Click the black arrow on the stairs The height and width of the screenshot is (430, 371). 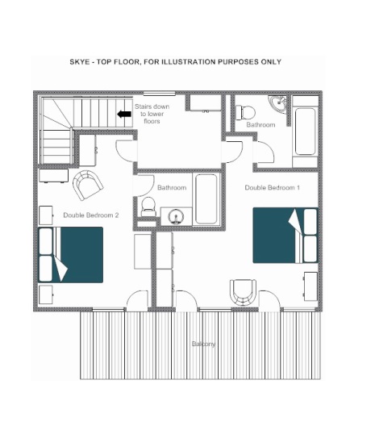[124, 114]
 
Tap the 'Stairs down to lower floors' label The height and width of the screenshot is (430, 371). [152, 114]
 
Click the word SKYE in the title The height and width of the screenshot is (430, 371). [80, 61]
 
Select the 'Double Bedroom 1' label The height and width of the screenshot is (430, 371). [272, 188]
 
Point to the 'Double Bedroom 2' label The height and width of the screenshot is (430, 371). [91, 215]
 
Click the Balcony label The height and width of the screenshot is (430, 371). [203, 344]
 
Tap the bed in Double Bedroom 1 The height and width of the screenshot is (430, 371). [286, 236]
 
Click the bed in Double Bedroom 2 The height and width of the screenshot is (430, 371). [70, 255]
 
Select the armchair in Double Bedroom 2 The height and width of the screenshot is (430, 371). [88, 185]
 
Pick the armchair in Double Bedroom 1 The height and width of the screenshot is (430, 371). [243, 292]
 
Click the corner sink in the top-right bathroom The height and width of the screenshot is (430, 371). [278, 103]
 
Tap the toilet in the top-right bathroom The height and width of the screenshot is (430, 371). [245, 113]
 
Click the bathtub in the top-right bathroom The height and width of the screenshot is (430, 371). [305, 132]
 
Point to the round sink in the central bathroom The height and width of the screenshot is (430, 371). [176, 216]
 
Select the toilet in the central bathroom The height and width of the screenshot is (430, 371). [148, 207]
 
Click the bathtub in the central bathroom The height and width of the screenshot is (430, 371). [206, 198]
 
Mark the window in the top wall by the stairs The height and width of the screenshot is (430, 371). [160, 94]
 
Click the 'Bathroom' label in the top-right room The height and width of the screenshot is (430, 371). [261, 125]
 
